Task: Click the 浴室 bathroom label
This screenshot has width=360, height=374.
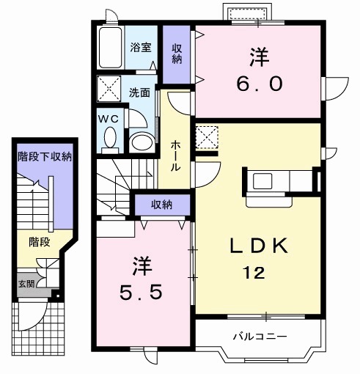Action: click(141, 48)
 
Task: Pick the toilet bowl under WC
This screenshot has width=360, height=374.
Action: click(109, 138)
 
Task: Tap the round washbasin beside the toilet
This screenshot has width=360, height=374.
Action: click(141, 141)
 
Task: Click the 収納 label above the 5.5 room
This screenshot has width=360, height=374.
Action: click(162, 204)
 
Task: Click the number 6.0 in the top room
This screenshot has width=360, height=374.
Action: click(257, 83)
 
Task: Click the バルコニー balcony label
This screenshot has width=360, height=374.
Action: click(260, 336)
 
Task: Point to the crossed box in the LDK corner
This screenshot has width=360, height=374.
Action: click(207, 137)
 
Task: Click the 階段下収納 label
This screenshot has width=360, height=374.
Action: click(45, 155)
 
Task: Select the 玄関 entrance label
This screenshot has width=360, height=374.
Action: click(25, 283)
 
